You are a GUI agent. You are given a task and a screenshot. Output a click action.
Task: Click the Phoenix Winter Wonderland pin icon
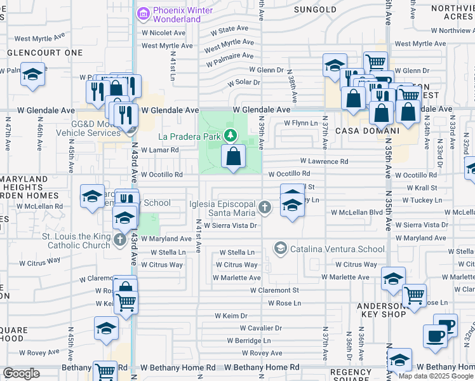(144, 13)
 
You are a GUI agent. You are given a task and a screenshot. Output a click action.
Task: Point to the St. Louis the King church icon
(120, 239)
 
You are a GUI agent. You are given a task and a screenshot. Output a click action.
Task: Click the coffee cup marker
(436, 336)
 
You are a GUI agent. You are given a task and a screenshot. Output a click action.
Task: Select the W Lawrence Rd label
(324, 162)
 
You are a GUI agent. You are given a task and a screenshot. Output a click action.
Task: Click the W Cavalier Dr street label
(260, 328)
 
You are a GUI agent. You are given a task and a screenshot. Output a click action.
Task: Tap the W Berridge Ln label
(249, 340)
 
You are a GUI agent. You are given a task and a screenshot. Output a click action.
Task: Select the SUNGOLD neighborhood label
(316, 10)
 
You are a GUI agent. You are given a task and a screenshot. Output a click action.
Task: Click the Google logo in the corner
(21, 373)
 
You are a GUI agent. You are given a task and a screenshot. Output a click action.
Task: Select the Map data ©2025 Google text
(435, 376)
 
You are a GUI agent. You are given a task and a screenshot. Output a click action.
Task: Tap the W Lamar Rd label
(159, 150)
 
